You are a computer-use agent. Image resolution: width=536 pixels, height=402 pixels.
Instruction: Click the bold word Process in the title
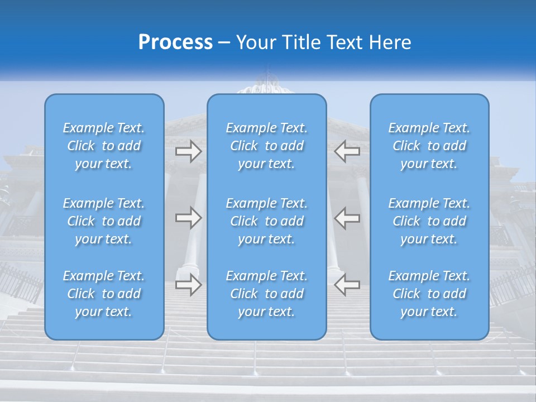175,42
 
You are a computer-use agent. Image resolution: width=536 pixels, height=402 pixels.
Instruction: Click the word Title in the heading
301,42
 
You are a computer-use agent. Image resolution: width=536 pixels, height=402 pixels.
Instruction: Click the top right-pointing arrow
188,151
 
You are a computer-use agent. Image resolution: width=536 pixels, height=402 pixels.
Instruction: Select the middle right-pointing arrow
188,218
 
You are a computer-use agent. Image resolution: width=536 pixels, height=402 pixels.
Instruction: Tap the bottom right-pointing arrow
188,285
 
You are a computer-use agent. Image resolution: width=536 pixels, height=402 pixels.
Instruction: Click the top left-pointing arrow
347,151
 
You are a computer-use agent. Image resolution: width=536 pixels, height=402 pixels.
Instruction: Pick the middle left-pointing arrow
347,218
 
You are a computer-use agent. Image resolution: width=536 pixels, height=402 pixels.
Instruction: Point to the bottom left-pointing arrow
347,285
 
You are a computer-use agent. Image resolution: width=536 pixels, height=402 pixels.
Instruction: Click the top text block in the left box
104,146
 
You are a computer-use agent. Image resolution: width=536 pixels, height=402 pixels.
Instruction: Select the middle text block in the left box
104,221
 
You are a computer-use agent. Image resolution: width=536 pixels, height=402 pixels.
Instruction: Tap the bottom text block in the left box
104,294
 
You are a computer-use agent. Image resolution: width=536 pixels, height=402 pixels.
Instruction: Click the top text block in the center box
267,146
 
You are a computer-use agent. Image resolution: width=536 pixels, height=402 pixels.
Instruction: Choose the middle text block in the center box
267,221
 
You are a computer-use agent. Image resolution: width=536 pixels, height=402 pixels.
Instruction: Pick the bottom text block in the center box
267,294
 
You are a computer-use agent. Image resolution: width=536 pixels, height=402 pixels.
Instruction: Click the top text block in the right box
429,146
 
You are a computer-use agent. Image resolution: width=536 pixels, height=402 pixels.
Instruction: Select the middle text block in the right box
429,221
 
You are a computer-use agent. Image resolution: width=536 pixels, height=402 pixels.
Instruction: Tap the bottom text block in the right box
429,294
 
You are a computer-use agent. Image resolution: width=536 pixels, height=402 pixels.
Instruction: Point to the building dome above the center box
267,85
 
